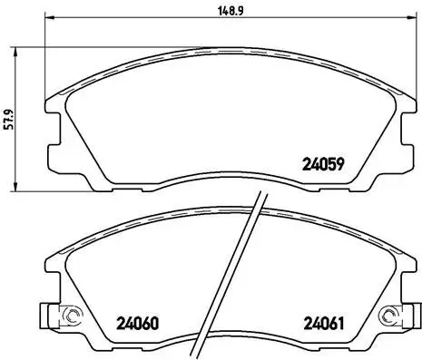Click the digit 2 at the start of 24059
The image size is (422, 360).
tap(305, 165)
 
